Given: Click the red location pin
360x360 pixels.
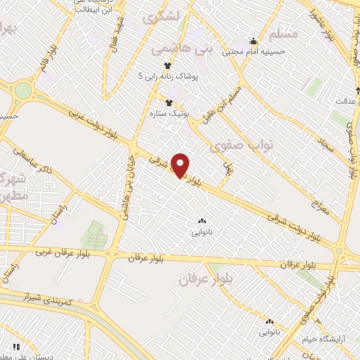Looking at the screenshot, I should pyautogui.click(x=181, y=165).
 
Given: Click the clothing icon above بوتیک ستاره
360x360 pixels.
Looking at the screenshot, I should pyautogui.click(x=168, y=102).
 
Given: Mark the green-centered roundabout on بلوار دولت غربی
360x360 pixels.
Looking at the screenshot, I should pyautogui.click(x=23, y=91).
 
